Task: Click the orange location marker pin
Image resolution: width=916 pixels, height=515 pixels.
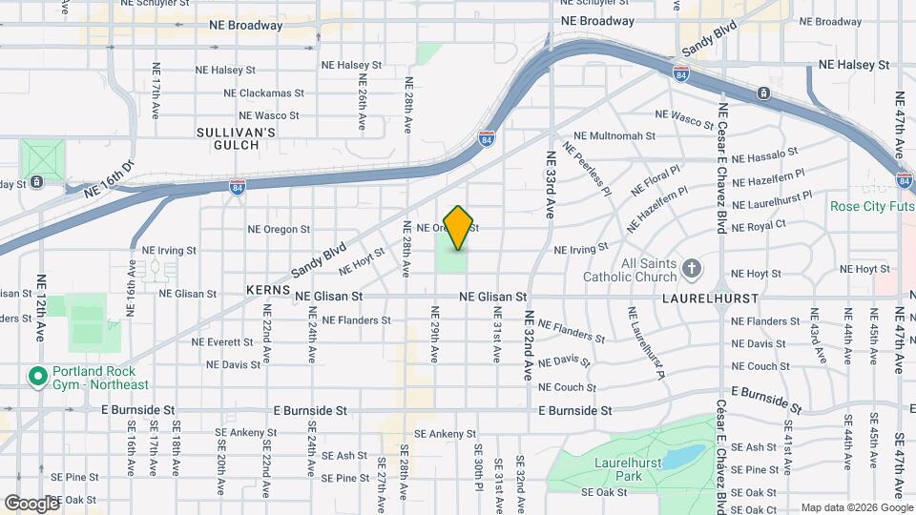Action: click(459, 227)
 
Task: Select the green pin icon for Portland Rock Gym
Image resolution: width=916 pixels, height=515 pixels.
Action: click(38, 377)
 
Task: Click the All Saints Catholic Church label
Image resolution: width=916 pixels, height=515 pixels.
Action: click(649, 270)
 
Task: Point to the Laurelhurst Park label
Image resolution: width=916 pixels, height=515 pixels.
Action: click(642, 467)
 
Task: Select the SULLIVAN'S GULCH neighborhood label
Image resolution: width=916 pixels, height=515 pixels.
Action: click(236, 138)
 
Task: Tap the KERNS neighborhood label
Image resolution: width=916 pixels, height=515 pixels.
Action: click(267, 288)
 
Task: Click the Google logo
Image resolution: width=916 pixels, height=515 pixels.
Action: click(31, 503)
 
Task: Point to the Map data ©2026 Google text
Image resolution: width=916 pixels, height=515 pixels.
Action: click(853, 507)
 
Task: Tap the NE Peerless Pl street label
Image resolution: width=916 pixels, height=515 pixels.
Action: click(588, 169)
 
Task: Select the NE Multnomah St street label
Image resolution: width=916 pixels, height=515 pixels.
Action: click(615, 136)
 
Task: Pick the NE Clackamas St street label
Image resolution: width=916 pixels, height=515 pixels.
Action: click(263, 93)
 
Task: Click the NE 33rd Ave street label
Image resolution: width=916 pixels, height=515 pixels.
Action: click(551, 184)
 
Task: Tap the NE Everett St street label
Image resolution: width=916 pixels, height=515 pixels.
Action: click(222, 341)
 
